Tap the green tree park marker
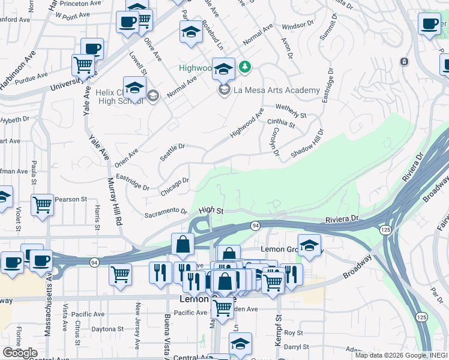(244, 66)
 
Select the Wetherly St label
(291, 111)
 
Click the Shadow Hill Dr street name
(307, 145)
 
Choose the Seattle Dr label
(172, 151)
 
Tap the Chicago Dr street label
(175, 186)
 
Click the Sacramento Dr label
(166, 211)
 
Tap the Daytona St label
(107, 329)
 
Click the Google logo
(19, 353)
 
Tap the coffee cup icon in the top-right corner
(429, 23)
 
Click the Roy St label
(293, 332)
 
